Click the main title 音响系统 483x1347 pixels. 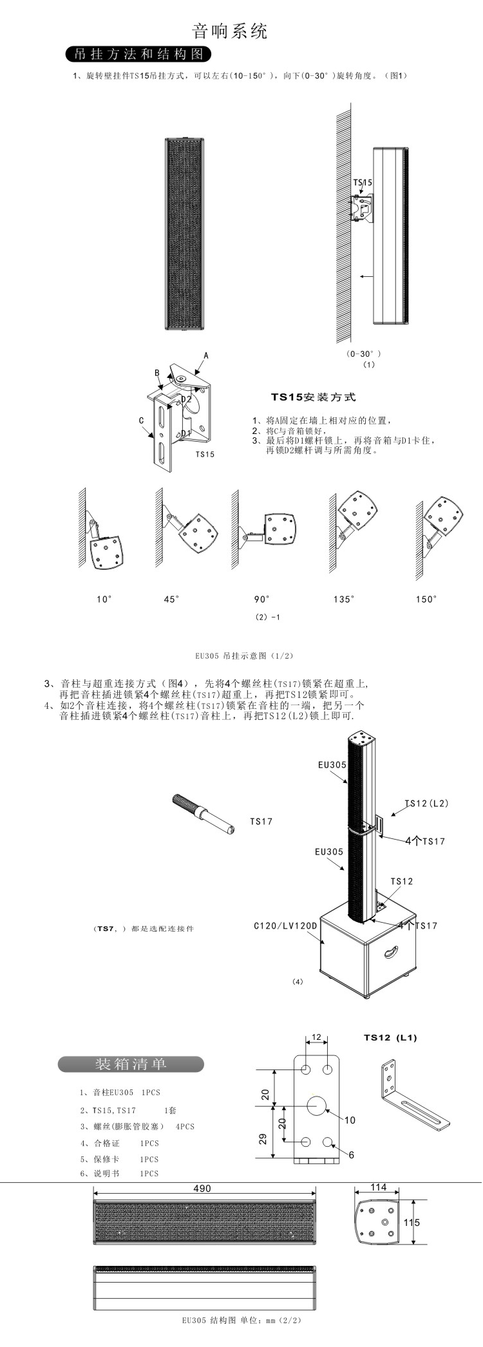[230, 31]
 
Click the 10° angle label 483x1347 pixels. [104, 599]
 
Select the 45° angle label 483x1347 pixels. [171, 599]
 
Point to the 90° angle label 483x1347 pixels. [262, 599]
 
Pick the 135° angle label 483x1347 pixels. [344, 599]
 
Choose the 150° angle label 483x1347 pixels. [426, 599]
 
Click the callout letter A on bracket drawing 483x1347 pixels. [206, 355]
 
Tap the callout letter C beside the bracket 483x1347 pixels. [141, 420]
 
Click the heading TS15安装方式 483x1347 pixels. [313, 397]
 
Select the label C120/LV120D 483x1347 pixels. [285, 926]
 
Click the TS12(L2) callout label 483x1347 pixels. [427, 803]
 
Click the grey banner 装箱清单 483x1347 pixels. [131, 1064]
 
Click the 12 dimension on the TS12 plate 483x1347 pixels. [316, 1037]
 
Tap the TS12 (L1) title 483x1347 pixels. [390, 1037]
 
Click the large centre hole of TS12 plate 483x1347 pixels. [316, 1106]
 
